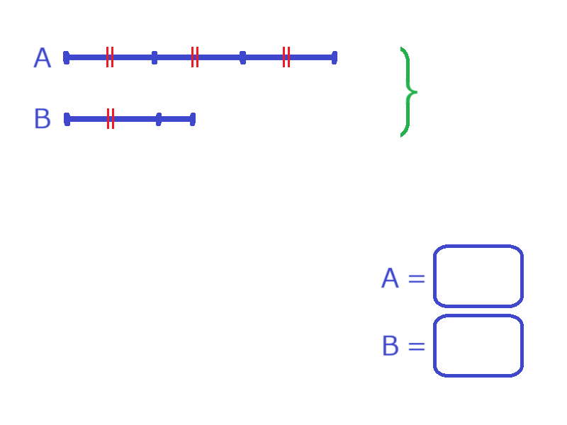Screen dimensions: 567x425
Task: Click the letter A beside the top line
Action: point(43,58)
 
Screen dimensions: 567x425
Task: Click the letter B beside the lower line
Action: point(43,118)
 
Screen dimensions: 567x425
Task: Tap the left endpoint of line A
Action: point(66,58)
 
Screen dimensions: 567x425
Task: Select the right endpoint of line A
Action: point(335,58)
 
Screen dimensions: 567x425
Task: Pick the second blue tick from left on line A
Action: point(155,58)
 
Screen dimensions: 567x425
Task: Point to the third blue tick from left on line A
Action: point(243,58)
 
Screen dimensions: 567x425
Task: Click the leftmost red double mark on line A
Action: point(110,57)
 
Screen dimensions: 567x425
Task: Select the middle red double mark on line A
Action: point(195,57)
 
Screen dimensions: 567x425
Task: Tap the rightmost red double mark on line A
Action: point(286,57)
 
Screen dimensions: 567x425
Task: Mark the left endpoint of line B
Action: point(67,119)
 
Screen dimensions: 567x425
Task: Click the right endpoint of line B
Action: point(193,119)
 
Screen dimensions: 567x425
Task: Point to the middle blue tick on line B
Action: point(159,119)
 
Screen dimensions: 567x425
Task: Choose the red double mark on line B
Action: point(111,118)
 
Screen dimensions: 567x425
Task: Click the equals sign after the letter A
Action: point(417,278)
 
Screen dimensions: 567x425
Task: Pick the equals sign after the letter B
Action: point(417,346)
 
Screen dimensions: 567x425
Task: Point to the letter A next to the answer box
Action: point(391,278)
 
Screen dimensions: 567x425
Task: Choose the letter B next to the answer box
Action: point(391,346)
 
